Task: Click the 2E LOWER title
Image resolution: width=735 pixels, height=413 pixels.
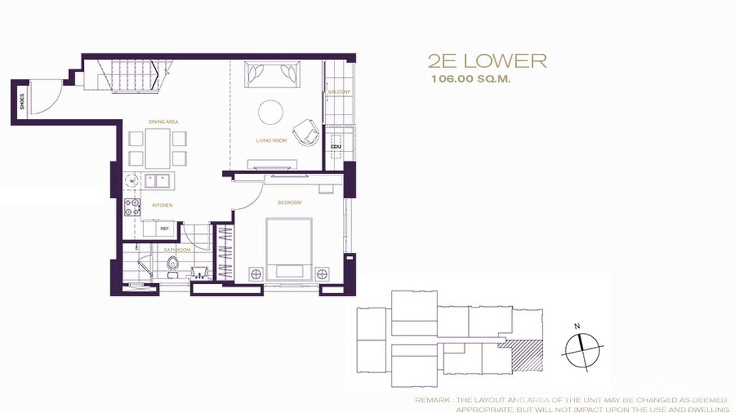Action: click(x=487, y=61)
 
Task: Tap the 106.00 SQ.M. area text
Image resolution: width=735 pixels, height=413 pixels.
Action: click(x=470, y=79)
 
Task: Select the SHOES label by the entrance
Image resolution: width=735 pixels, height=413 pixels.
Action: click(x=22, y=102)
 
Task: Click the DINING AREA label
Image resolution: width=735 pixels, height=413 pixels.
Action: click(x=163, y=122)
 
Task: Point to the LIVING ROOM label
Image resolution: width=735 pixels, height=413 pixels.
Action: click(x=271, y=141)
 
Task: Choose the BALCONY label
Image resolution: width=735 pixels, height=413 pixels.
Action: click(x=339, y=91)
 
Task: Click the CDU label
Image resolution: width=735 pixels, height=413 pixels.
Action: click(x=335, y=146)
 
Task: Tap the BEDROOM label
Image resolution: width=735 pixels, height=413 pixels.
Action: click(x=290, y=203)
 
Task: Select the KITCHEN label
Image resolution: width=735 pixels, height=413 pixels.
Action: click(x=162, y=205)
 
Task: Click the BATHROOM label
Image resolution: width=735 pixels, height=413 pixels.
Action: click(x=177, y=250)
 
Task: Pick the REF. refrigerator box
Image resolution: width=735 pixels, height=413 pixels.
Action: click(x=164, y=228)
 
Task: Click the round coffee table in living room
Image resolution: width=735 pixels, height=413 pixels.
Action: click(x=271, y=112)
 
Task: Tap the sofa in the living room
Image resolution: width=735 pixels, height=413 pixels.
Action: click(x=272, y=74)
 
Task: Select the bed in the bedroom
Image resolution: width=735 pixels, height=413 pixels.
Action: click(x=289, y=249)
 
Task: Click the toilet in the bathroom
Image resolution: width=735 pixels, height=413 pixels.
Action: click(x=173, y=265)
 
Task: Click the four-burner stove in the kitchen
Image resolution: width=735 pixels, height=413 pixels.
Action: click(x=133, y=207)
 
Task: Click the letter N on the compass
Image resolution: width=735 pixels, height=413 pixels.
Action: click(x=577, y=326)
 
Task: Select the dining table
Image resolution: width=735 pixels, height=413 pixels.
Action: click(x=158, y=148)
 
